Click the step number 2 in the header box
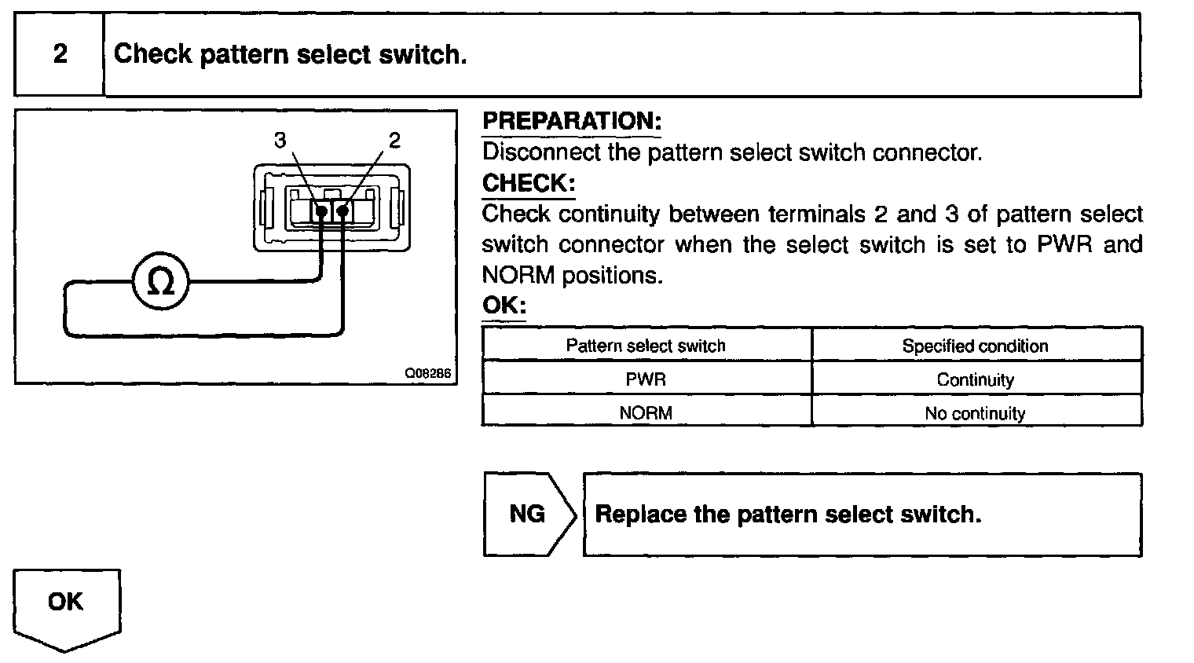click(x=60, y=54)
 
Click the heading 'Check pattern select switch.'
click(x=290, y=54)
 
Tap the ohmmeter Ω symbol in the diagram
click(x=160, y=282)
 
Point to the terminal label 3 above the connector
click(x=280, y=140)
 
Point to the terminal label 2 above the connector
click(x=394, y=140)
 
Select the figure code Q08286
click(x=428, y=374)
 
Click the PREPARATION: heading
click(x=572, y=121)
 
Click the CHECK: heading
click(x=529, y=183)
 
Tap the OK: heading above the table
click(x=504, y=305)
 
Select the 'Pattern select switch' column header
click(x=646, y=346)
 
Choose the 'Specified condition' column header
click(x=975, y=346)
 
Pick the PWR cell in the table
click(x=646, y=379)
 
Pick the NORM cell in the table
click(x=646, y=413)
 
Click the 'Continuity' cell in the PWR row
click(x=975, y=380)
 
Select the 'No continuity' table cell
click(x=975, y=413)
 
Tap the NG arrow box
click(x=527, y=515)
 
